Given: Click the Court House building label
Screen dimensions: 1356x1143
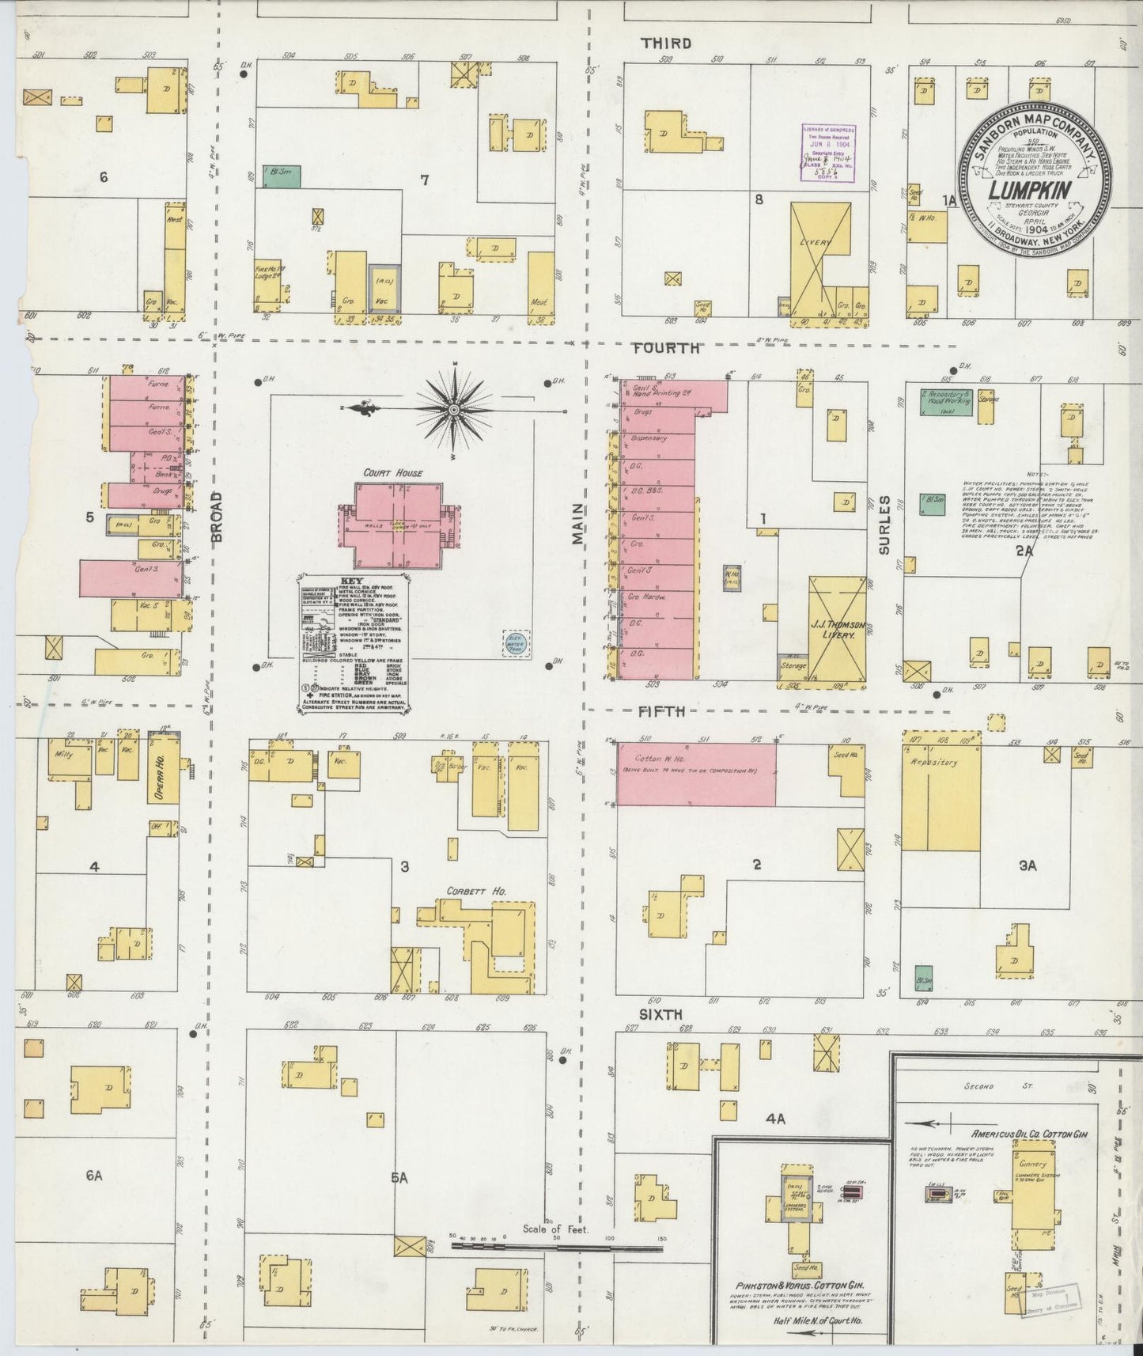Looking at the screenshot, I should [x=393, y=473].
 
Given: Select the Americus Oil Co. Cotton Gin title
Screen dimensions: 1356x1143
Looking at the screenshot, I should [x=1030, y=1134].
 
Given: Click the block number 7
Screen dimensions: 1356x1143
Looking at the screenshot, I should [x=424, y=180].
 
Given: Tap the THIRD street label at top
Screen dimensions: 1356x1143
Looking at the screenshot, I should [x=666, y=44].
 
